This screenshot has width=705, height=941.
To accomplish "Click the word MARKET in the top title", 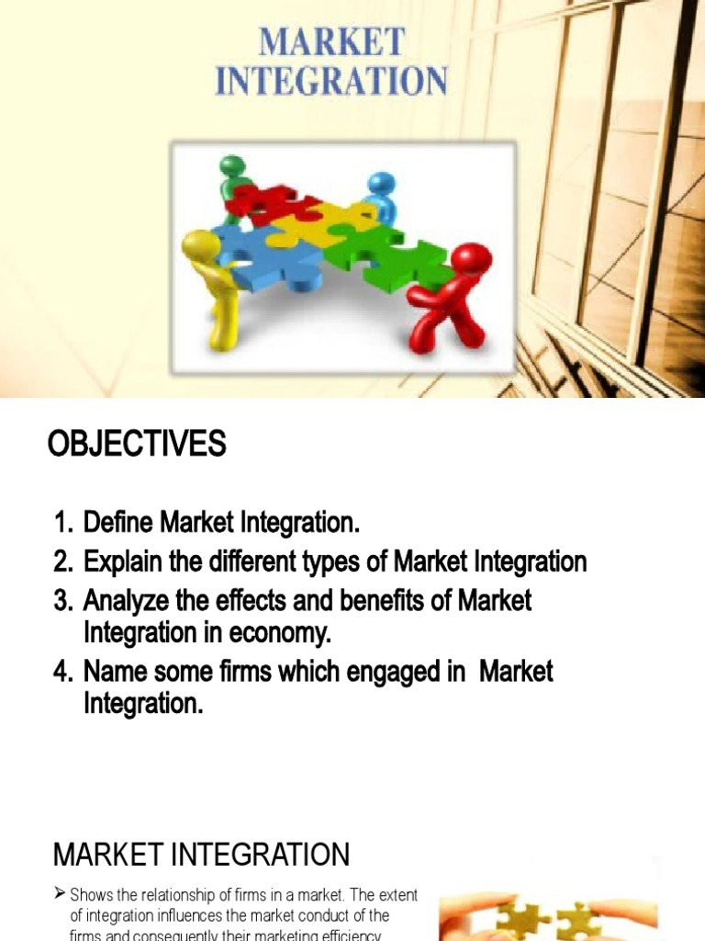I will (331, 42).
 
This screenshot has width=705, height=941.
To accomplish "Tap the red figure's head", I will (472, 261).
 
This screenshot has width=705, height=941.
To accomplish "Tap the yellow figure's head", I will (200, 247).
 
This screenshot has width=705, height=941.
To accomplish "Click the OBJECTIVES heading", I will (137, 445).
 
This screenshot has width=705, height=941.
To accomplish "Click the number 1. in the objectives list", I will (63, 524).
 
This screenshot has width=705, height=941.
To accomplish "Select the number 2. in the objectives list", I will (63, 561).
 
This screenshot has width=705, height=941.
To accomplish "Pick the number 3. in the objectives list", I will (63, 600).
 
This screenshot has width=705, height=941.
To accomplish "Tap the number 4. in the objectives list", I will (63, 671).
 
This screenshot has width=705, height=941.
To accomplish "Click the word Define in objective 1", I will (119, 524).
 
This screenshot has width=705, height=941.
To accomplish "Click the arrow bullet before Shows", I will (60, 894).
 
